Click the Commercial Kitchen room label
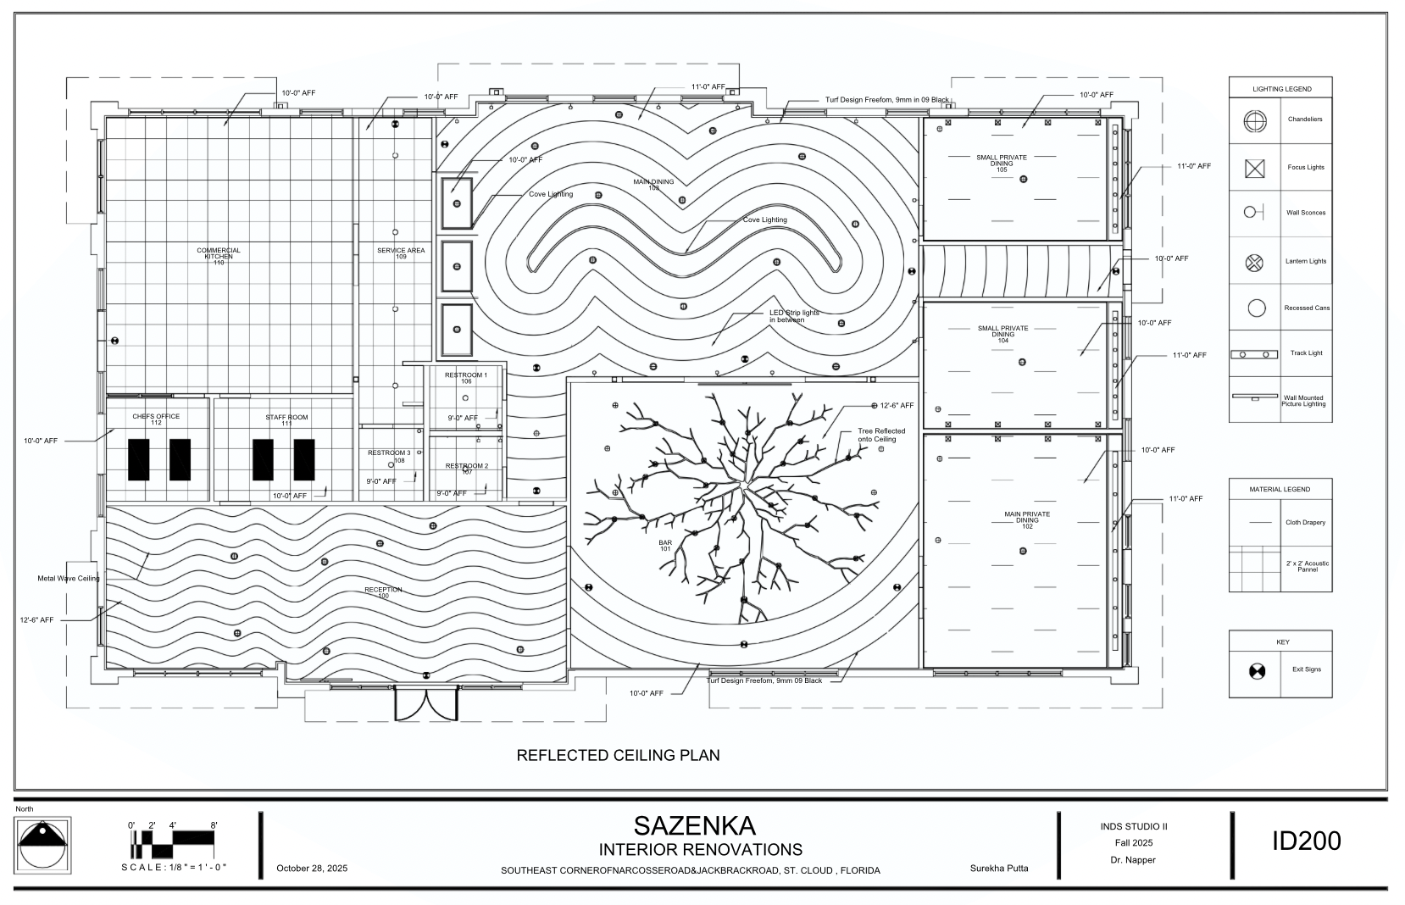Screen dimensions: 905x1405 click(x=219, y=253)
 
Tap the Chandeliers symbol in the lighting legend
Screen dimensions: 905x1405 click(x=1254, y=120)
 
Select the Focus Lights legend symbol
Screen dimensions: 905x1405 click(x=1254, y=168)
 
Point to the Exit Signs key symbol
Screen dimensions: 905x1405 click(x=1256, y=670)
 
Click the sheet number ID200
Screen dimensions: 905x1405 click(x=1306, y=841)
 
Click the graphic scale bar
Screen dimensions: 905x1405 click(x=173, y=841)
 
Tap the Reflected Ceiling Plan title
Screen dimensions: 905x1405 click(x=618, y=755)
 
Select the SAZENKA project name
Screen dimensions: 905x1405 click(x=694, y=825)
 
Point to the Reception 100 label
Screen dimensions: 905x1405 click(x=383, y=592)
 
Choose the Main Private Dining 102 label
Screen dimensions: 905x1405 click(x=1027, y=520)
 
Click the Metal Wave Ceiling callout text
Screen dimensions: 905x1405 click(x=68, y=579)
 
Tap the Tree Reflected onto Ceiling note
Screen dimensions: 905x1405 click(x=881, y=435)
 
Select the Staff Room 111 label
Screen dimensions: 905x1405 click(x=286, y=419)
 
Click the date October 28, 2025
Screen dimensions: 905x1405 click(x=312, y=869)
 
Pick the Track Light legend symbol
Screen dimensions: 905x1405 click(x=1254, y=354)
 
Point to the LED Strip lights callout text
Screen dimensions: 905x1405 click(x=794, y=316)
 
